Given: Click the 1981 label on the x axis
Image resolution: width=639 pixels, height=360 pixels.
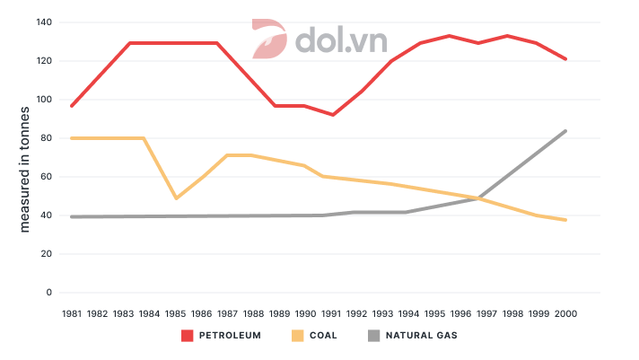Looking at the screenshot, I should pos(72,314).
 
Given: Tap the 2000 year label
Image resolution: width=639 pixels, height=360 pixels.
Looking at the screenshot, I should pos(565,314).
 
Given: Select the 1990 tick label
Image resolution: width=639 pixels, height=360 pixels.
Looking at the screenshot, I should pos(306,314).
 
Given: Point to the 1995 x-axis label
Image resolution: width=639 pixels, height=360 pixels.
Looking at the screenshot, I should pos(435,314).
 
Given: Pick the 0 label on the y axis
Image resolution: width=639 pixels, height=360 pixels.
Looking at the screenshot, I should pos(49,293).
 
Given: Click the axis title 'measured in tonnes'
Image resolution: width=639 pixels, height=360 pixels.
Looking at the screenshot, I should pos(25,170).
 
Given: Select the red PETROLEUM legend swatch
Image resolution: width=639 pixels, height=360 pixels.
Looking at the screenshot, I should pos(188,336).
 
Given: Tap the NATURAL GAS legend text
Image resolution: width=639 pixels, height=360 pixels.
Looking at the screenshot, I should pos(422,336).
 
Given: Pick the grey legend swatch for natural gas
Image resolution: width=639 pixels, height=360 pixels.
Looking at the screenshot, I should pos(374,336).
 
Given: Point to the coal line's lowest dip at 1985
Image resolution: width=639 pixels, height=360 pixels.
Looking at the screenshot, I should pos(176,198).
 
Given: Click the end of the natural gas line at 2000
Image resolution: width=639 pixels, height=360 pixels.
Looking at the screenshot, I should pos(565,131).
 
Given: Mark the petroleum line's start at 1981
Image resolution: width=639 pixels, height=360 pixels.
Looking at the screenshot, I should pos(72,106).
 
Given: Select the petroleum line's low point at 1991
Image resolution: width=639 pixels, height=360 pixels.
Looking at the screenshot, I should pos(332,115).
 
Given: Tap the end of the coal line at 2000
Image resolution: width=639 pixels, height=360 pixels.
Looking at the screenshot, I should pos(565,220).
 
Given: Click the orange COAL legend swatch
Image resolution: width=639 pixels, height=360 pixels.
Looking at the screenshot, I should pos(297,336).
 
